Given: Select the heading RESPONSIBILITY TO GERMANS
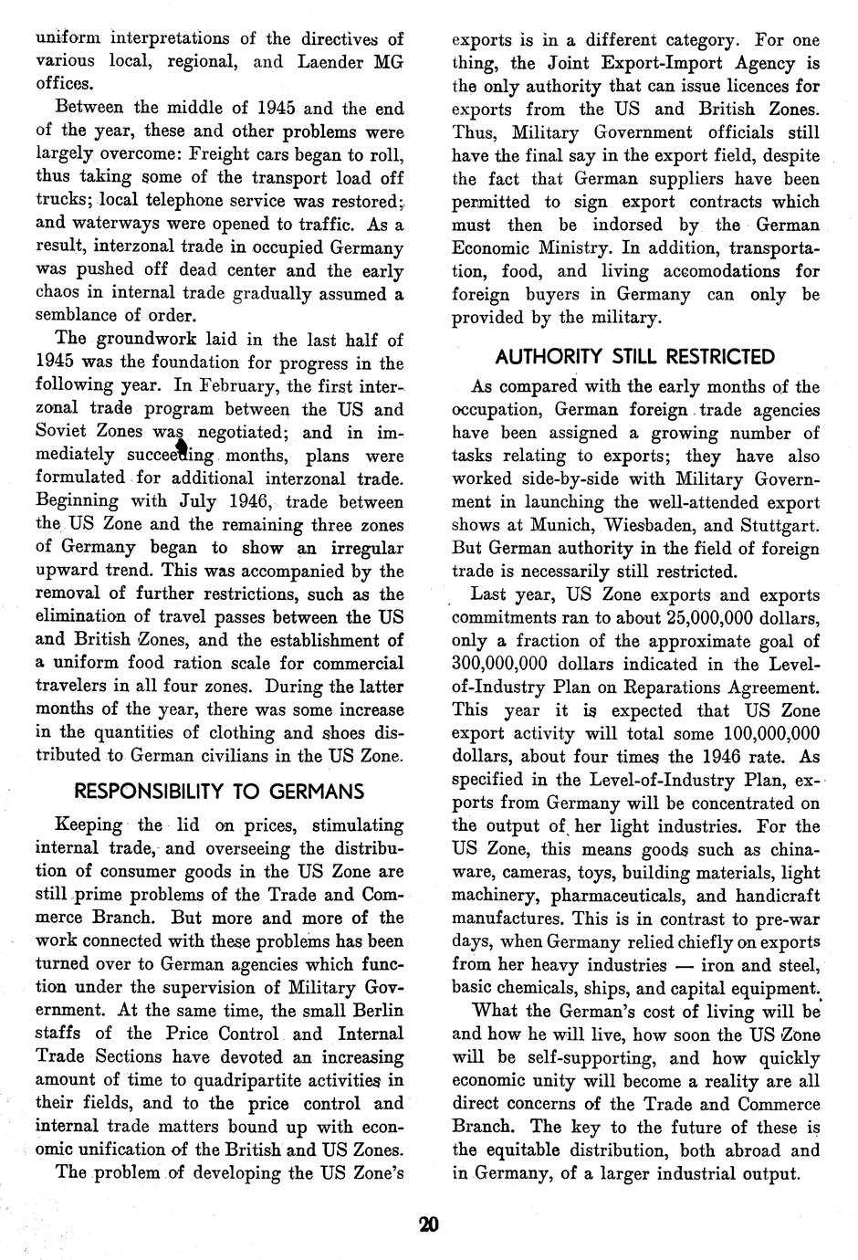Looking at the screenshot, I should [x=218, y=791].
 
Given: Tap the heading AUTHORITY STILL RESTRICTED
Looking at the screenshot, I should [x=634, y=356].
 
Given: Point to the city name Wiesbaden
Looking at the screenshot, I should [x=676, y=525].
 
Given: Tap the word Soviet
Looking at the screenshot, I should [x=65, y=432].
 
